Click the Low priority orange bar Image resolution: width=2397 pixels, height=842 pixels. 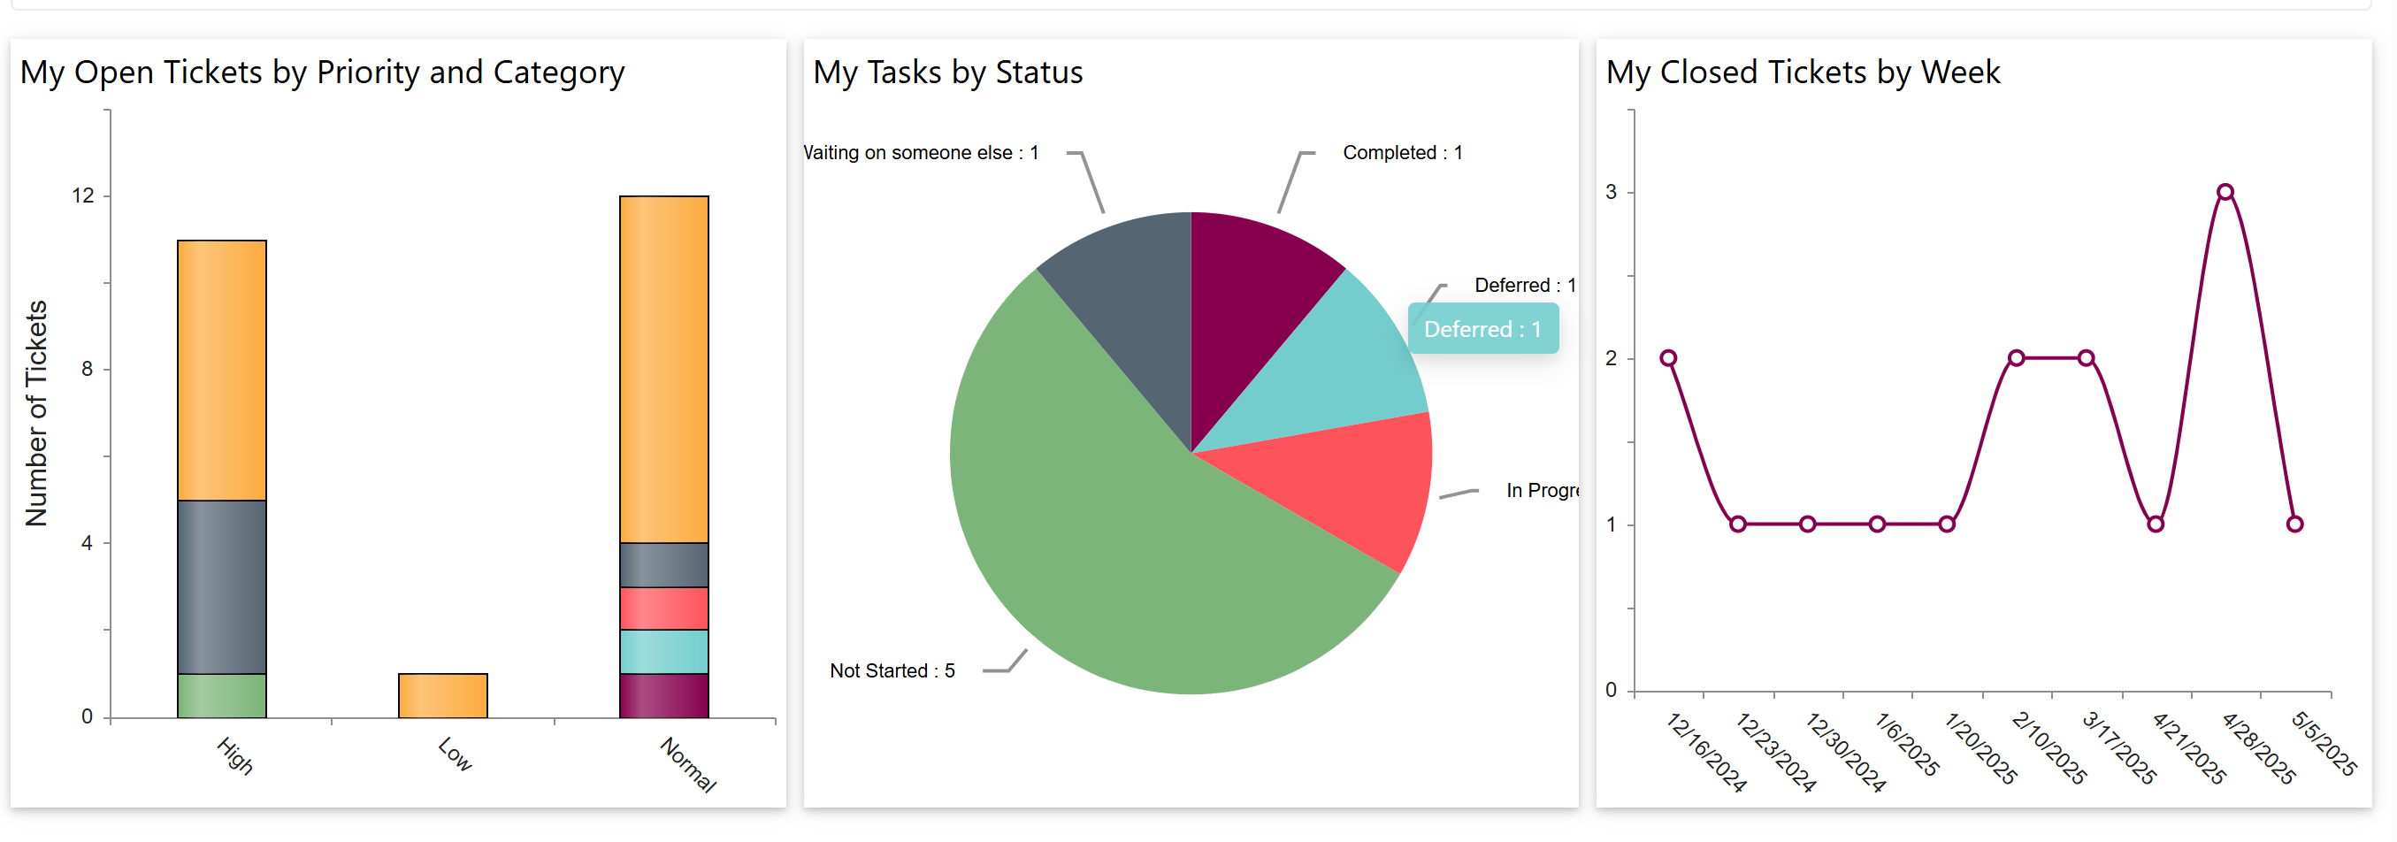tap(442, 695)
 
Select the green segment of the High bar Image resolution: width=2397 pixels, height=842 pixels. tap(221, 695)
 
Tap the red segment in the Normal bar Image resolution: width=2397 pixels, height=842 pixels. tap(663, 608)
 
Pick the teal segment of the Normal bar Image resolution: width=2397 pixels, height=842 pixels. tap(663, 651)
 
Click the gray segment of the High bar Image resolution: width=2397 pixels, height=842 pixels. tap(221, 586)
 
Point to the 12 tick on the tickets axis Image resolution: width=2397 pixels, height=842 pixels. tap(83, 195)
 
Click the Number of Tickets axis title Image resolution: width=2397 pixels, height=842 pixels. tap(36, 413)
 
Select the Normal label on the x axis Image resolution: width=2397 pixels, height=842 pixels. tap(687, 764)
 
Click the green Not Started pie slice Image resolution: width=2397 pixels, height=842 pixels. tap(1116, 540)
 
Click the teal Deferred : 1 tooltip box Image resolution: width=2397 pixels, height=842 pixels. tap(1482, 328)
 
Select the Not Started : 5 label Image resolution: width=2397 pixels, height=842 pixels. tap(892, 670)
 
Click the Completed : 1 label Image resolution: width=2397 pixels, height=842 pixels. tap(1401, 153)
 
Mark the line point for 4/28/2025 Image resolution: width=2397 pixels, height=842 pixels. tap(2225, 193)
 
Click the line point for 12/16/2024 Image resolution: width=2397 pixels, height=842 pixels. tap(1668, 358)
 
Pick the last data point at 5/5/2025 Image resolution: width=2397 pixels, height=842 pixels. tap(2294, 524)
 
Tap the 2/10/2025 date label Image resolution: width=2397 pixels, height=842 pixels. tap(2049, 747)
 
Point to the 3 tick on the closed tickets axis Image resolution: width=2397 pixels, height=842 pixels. tap(1611, 192)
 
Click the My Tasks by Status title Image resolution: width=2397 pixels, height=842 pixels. tap(947, 73)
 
